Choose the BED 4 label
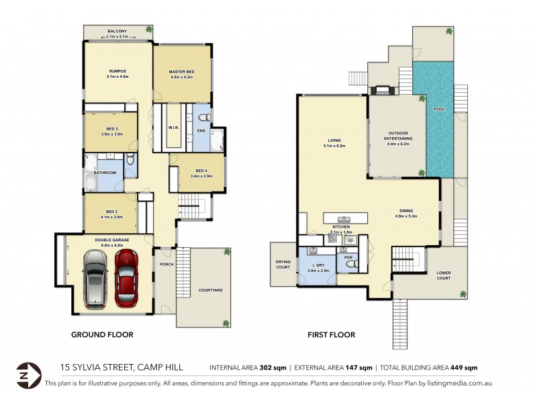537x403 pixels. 203,171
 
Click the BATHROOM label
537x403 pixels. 105,173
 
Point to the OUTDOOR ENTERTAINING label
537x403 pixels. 399,136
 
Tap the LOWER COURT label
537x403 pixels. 444,275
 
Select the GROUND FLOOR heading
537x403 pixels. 102,334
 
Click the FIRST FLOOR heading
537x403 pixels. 332,334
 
